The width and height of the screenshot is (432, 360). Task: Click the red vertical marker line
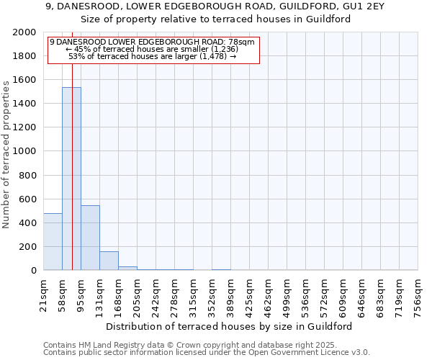[73, 180]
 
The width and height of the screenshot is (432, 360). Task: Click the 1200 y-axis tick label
[26, 128]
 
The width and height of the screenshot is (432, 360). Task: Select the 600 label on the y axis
[29, 199]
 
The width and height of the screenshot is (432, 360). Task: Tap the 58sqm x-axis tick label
[62, 292]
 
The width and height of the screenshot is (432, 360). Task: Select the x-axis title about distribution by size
[234, 326]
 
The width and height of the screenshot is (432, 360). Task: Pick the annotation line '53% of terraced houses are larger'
[152, 56]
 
